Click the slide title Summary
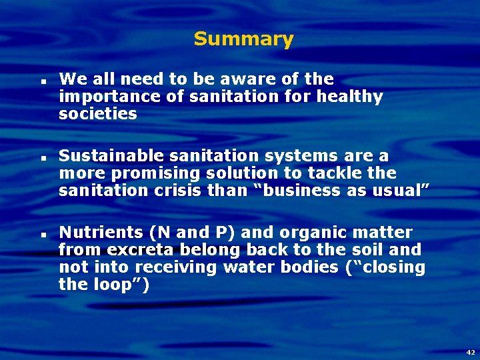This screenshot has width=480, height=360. coord(243,39)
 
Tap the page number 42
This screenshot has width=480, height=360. coord(471,351)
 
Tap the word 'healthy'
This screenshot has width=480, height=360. coord(350,97)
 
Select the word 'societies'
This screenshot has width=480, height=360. coord(98,114)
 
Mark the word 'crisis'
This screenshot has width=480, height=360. coord(161,191)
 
